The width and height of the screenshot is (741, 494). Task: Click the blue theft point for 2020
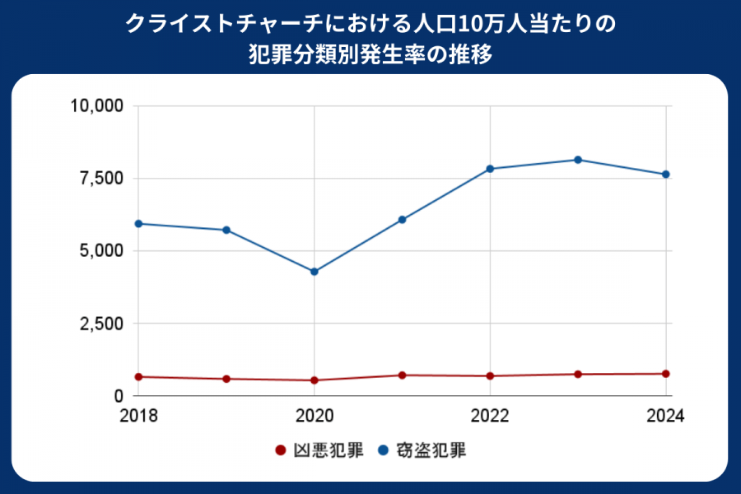click(315, 272)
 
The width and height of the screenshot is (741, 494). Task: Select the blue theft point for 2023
click(578, 160)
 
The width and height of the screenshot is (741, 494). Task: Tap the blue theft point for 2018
click(138, 224)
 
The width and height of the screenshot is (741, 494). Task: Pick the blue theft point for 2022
click(490, 169)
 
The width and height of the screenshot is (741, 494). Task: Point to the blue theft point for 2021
click(403, 220)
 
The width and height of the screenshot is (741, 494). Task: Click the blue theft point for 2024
click(666, 175)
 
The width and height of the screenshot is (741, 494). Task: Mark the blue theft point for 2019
click(226, 230)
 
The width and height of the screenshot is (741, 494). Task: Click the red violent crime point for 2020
click(315, 380)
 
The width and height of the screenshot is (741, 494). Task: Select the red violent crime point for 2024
click(666, 374)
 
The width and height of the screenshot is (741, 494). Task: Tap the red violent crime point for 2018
click(138, 377)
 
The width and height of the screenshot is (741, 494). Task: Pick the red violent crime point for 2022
click(490, 376)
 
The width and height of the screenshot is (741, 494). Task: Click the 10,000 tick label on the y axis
click(96, 106)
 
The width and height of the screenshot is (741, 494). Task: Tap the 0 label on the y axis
click(119, 396)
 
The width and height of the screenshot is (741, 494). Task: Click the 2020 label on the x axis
click(315, 416)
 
